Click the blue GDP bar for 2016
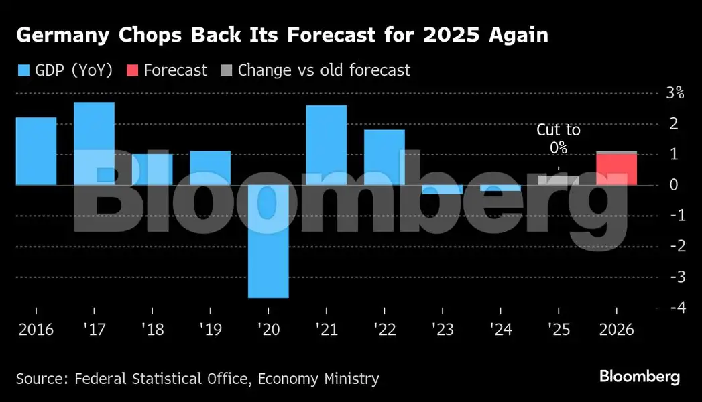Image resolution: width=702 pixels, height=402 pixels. click(x=36, y=151)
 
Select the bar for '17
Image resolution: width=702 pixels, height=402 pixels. click(x=94, y=143)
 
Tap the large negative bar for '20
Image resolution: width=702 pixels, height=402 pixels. click(x=268, y=241)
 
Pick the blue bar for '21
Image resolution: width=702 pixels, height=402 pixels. click(x=327, y=145)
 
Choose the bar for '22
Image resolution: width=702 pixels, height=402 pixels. click(x=384, y=157)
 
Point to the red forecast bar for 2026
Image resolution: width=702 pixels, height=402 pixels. click(x=617, y=170)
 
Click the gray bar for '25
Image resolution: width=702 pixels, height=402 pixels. click(x=559, y=180)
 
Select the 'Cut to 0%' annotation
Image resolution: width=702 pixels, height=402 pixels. click(x=559, y=139)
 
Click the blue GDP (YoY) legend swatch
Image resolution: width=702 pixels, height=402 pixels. click(x=23, y=70)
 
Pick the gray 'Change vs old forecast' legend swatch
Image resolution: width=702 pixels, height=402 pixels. click(x=226, y=70)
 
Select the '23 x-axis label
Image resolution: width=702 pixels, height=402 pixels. click(x=443, y=330)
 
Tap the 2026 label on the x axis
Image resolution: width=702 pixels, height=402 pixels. click(x=617, y=330)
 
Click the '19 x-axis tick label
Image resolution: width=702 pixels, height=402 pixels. click(x=210, y=330)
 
